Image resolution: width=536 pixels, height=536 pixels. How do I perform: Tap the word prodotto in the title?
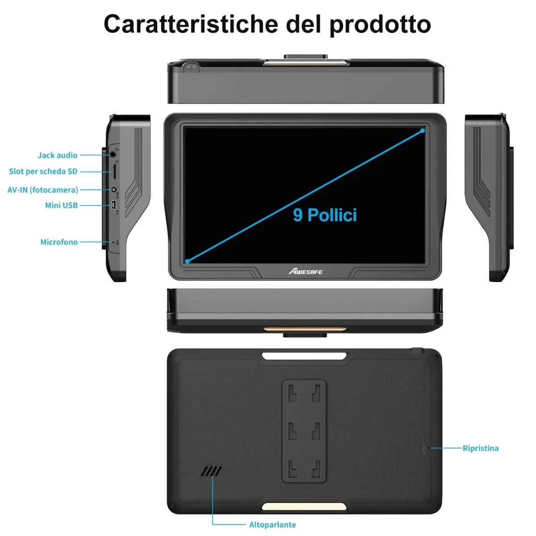pyautogui.click(x=380, y=25)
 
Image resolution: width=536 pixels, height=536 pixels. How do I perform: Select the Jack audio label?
pyautogui.click(x=57, y=155)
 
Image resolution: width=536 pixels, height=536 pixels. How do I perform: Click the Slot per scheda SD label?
pyautogui.click(x=43, y=171)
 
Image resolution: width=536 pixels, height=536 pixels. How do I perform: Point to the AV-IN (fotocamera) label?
pyautogui.click(x=42, y=190)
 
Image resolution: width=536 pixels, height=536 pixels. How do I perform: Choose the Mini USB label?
pyautogui.click(x=61, y=205)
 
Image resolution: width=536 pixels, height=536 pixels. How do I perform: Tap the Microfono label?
pyautogui.click(x=59, y=242)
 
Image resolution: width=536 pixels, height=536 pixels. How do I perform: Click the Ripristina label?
pyautogui.click(x=480, y=448)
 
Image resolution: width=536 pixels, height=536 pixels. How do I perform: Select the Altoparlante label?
pyautogui.click(x=272, y=524)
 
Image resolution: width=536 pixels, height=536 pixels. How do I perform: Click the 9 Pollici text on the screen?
pyautogui.click(x=325, y=215)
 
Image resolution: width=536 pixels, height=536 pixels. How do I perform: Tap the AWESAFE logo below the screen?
pyautogui.click(x=306, y=271)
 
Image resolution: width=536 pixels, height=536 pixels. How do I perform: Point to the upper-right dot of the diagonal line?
pyautogui.click(x=423, y=131)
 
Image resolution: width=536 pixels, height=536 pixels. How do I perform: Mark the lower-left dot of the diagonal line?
pyautogui.click(x=188, y=261)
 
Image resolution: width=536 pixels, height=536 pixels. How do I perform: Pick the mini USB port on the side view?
pyautogui.click(x=114, y=205)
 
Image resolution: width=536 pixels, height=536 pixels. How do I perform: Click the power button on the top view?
pyautogui.click(x=191, y=67)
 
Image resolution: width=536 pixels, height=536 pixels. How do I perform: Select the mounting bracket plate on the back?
pyautogui.click(x=304, y=431)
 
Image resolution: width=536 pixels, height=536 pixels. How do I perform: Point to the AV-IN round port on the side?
pyautogui.click(x=113, y=190)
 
